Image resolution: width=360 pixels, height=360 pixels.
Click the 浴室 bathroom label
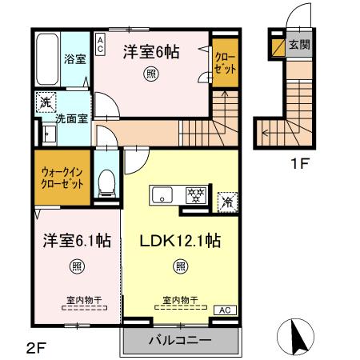pyautogui.click(x=75, y=58)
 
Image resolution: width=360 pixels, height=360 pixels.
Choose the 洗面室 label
pyautogui.click(x=70, y=118)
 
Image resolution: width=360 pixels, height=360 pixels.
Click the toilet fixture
pyautogui.click(x=104, y=183)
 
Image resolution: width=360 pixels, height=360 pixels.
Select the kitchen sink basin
pyautogui.click(x=161, y=194)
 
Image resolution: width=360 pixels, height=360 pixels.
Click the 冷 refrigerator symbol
pyautogui.click(x=227, y=201)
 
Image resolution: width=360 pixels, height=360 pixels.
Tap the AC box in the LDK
pyautogui.click(x=225, y=309)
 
